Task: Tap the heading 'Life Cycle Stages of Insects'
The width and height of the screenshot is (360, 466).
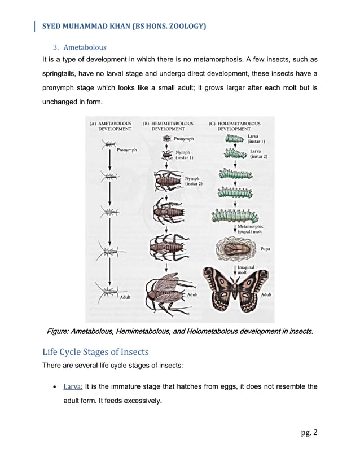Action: (x=95, y=352)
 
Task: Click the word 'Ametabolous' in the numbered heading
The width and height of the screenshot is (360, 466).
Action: (x=85, y=47)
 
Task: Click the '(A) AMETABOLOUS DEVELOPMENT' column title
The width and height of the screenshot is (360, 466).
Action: (x=111, y=126)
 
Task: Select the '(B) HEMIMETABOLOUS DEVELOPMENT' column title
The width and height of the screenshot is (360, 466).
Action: (x=168, y=126)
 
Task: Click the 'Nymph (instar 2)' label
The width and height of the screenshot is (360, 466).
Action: (x=194, y=181)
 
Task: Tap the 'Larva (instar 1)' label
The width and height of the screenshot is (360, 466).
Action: (x=257, y=139)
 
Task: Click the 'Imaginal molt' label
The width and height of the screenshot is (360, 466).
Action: (x=245, y=270)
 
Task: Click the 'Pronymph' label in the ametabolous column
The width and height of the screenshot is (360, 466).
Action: (x=128, y=150)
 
